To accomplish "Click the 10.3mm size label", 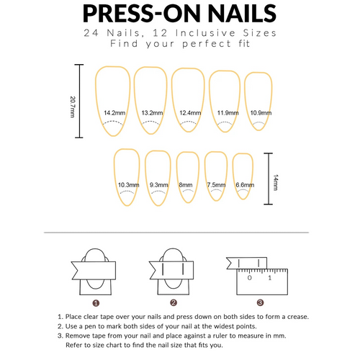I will point(127,185).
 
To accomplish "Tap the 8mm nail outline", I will point(187,176).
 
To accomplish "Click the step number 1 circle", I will point(96,302).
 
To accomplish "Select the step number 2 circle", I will point(174,302).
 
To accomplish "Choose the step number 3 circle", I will point(260,302).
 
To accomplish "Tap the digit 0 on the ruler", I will point(248,278).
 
